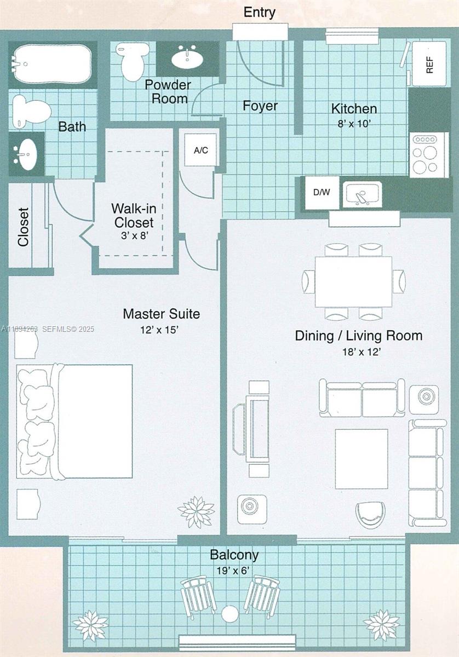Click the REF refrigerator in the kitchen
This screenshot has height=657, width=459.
pos(429,64)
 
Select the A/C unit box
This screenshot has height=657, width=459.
pos(201,150)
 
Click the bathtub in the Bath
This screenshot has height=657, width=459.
pos(52,64)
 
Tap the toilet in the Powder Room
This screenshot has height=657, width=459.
pos(130,63)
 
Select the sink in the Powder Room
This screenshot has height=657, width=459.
pos(188,57)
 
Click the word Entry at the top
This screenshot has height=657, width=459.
pos(259,12)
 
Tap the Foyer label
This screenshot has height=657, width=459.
pos(260,106)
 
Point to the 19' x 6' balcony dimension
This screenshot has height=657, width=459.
pos(234,570)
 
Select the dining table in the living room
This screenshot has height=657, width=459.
pos(353,281)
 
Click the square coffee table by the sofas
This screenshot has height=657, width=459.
pos(361,459)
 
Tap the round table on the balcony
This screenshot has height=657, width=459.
pos(229,614)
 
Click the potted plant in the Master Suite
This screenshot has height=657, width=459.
pos(196,511)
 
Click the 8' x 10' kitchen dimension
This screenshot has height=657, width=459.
pos(354,124)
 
